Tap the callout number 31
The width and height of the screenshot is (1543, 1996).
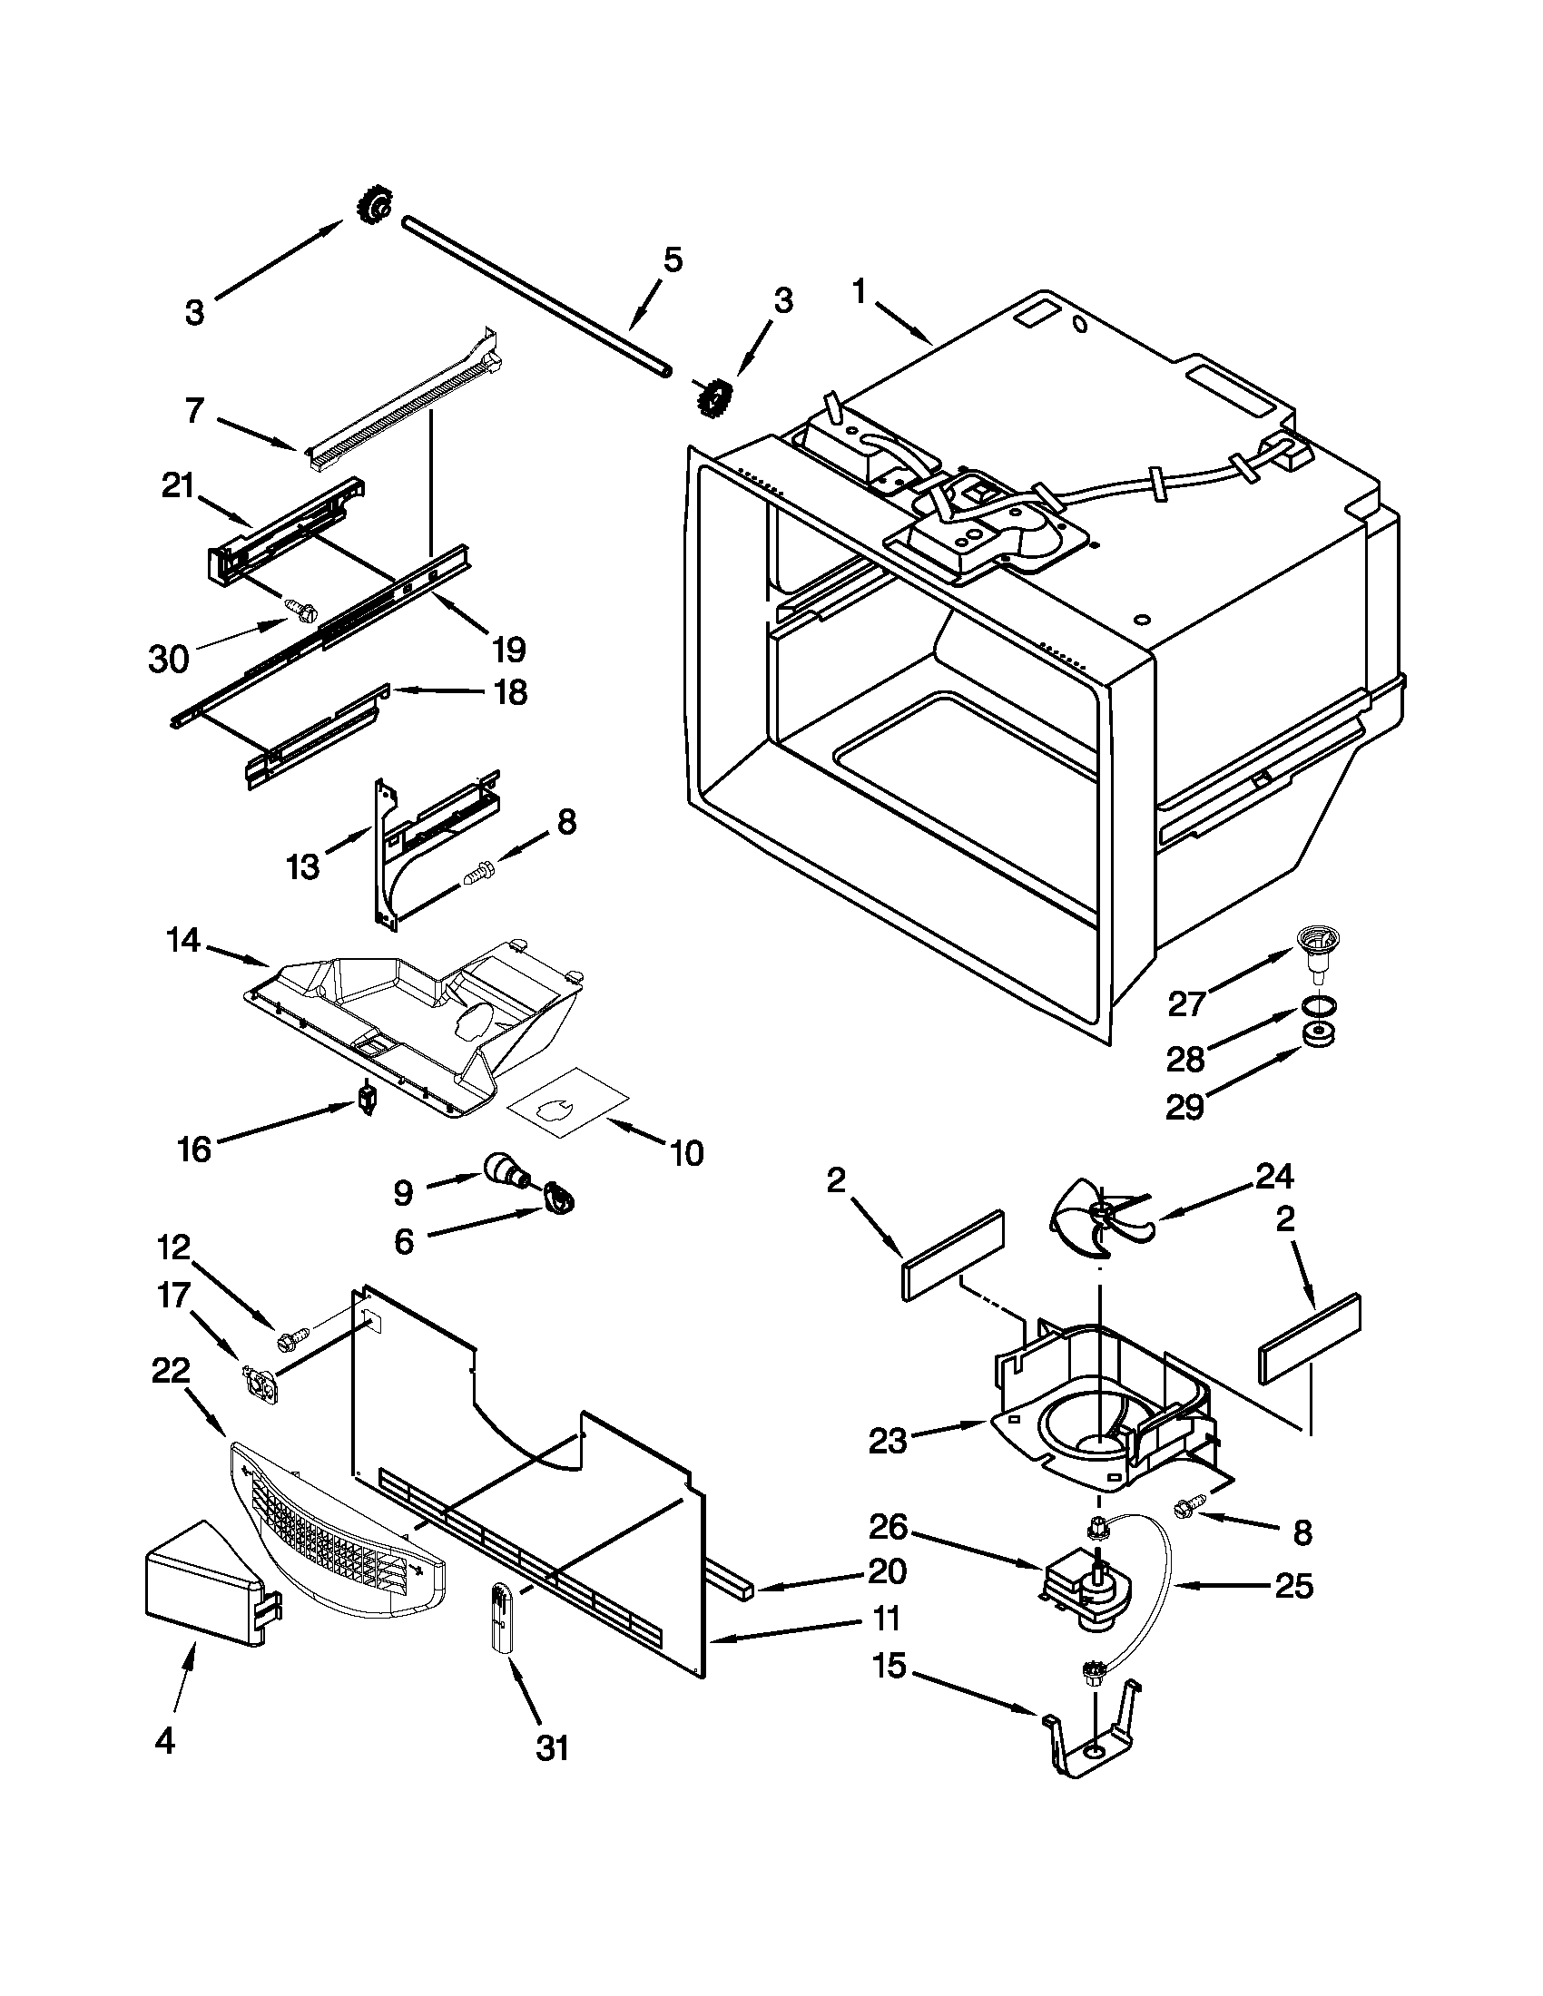click(552, 1747)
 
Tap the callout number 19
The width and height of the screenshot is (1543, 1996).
click(508, 650)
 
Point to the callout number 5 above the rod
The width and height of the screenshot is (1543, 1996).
click(672, 260)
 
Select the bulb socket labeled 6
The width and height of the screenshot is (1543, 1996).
click(557, 1200)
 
